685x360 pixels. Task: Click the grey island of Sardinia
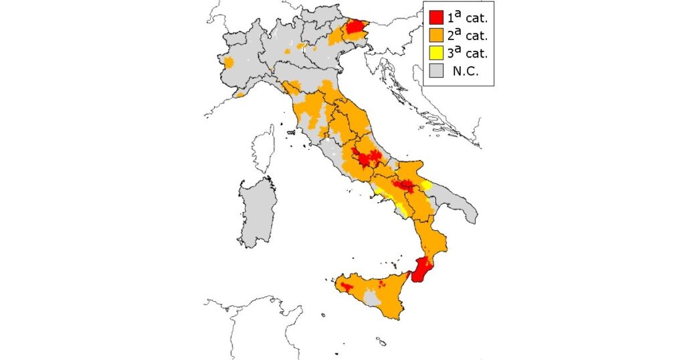258,211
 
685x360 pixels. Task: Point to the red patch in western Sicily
347,286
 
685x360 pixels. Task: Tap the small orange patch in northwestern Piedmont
229,63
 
